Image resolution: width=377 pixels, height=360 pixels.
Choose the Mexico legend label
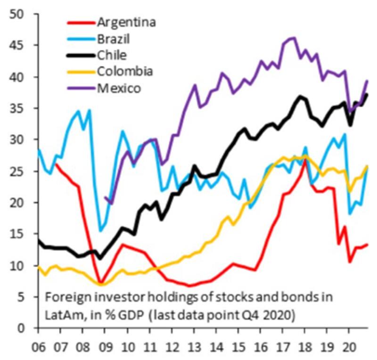[118, 88]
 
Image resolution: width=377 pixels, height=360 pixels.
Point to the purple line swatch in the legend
[80, 88]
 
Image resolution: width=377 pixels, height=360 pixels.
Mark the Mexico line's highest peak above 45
[293, 38]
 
